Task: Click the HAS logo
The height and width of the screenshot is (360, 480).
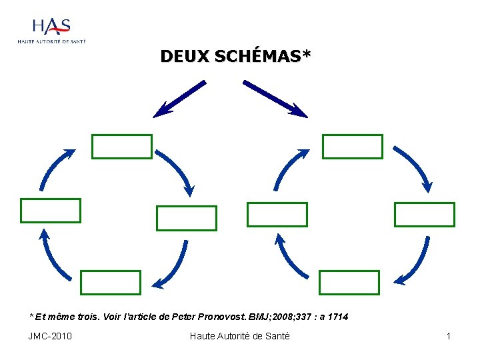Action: pyautogui.click(x=52, y=30)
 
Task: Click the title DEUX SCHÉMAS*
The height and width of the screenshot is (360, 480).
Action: pyautogui.click(x=235, y=57)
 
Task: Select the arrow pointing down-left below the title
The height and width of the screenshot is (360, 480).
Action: pyautogui.click(x=179, y=99)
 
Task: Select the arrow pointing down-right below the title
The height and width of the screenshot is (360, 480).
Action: pyautogui.click(x=275, y=99)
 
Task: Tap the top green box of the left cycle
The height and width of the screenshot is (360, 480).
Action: pyautogui.click(x=122, y=147)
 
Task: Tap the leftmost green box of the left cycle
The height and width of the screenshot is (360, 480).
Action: pyautogui.click(x=51, y=211)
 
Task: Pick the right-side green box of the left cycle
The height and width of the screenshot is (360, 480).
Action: pyautogui.click(x=187, y=218)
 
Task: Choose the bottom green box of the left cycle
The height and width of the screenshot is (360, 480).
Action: pyautogui.click(x=111, y=283)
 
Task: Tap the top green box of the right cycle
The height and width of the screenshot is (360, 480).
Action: pyautogui.click(x=353, y=147)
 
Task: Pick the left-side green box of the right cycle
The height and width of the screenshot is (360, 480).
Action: pyautogui.click(x=277, y=215)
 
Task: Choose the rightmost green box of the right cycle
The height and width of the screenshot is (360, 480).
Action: pyautogui.click(x=425, y=215)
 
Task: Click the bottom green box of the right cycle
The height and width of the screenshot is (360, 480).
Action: pyautogui.click(x=349, y=283)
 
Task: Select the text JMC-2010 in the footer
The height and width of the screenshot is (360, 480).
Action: pyautogui.click(x=50, y=336)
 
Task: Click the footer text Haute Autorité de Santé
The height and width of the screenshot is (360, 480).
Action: pyautogui.click(x=240, y=336)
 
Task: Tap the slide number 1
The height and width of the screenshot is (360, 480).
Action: pyautogui.click(x=449, y=336)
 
